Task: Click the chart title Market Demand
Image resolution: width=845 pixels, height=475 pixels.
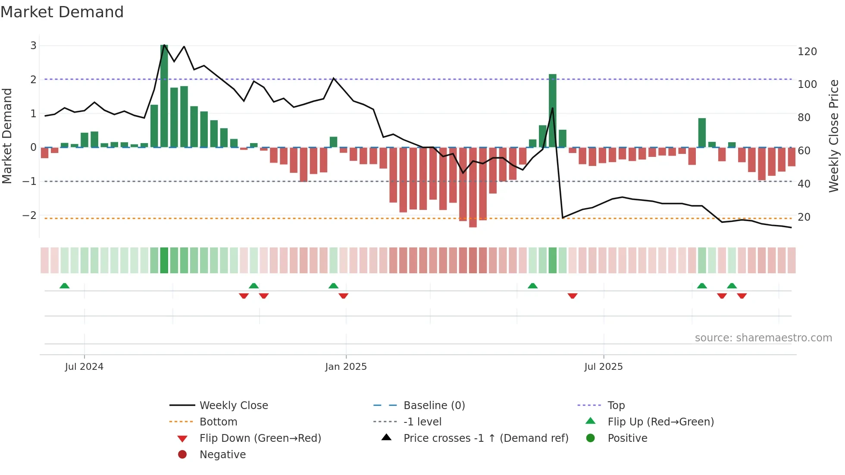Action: point(62,12)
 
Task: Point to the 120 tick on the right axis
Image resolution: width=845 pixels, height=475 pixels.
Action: point(807,52)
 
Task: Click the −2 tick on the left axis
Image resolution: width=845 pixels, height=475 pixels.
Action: point(29,215)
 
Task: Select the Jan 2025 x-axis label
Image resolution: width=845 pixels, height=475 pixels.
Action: point(346,367)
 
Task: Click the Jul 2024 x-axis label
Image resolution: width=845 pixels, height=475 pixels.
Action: point(84,367)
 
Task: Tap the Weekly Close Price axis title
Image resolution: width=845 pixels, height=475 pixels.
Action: point(834,136)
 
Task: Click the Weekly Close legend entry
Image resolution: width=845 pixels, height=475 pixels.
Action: point(233,406)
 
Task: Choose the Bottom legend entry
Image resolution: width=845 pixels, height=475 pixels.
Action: point(218,422)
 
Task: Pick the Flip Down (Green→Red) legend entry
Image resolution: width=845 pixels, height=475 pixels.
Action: point(260,438)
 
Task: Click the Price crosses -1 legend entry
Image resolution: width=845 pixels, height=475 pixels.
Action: point(486,438)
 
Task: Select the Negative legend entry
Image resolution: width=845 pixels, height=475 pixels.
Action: point(222,455)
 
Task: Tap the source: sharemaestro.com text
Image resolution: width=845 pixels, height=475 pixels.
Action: point(763,338)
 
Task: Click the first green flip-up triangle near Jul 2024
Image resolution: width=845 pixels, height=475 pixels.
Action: point(65,286)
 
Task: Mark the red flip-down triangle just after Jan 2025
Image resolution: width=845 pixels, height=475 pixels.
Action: point(344,296)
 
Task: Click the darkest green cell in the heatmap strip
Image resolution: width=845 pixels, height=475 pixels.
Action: point(164,260)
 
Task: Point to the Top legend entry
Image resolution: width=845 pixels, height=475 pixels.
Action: point(616,406)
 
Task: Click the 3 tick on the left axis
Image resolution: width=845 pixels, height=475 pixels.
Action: point(33,45)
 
